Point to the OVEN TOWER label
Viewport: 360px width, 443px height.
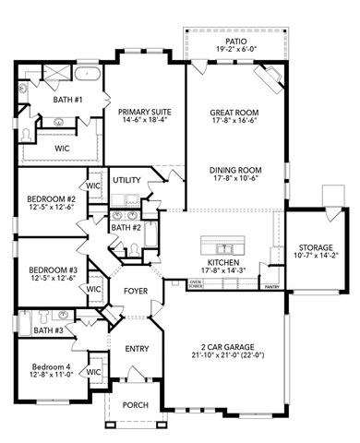pyautogui.click(x=196, y=283)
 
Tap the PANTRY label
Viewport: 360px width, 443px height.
pyautogui.click(x=271, y=287)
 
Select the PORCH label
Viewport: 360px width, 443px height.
pyautogui.click(x=136, y=403)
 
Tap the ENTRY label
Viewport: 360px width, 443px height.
pyautogui.click(x=136, y=349)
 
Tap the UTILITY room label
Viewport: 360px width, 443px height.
pyautogui.click(x=126, y=180)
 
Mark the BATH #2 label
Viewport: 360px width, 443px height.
pyautogui.click(x=126, y=227)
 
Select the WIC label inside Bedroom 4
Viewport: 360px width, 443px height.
pyautogui.click(x=93, y=371)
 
